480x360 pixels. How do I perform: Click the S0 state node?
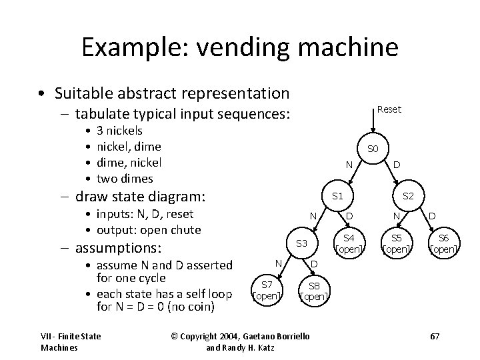pos(373,148)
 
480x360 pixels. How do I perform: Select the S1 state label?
pos(337,196)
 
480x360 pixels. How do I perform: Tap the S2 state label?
pos(407,196)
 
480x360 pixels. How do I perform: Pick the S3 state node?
pos(301,244)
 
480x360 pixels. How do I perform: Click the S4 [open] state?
pos(349,244)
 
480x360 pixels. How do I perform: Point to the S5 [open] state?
pos(396,244)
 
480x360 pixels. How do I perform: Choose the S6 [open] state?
pos(443,244)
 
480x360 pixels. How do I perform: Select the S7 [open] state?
pos(267,290)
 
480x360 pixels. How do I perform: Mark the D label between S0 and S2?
pos(397,165)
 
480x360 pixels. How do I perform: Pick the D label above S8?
pos(314,265)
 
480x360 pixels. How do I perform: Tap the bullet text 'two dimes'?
pos(125,179)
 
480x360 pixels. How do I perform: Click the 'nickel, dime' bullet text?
pos(129,147)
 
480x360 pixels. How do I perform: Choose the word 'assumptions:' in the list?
pos(118,248)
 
